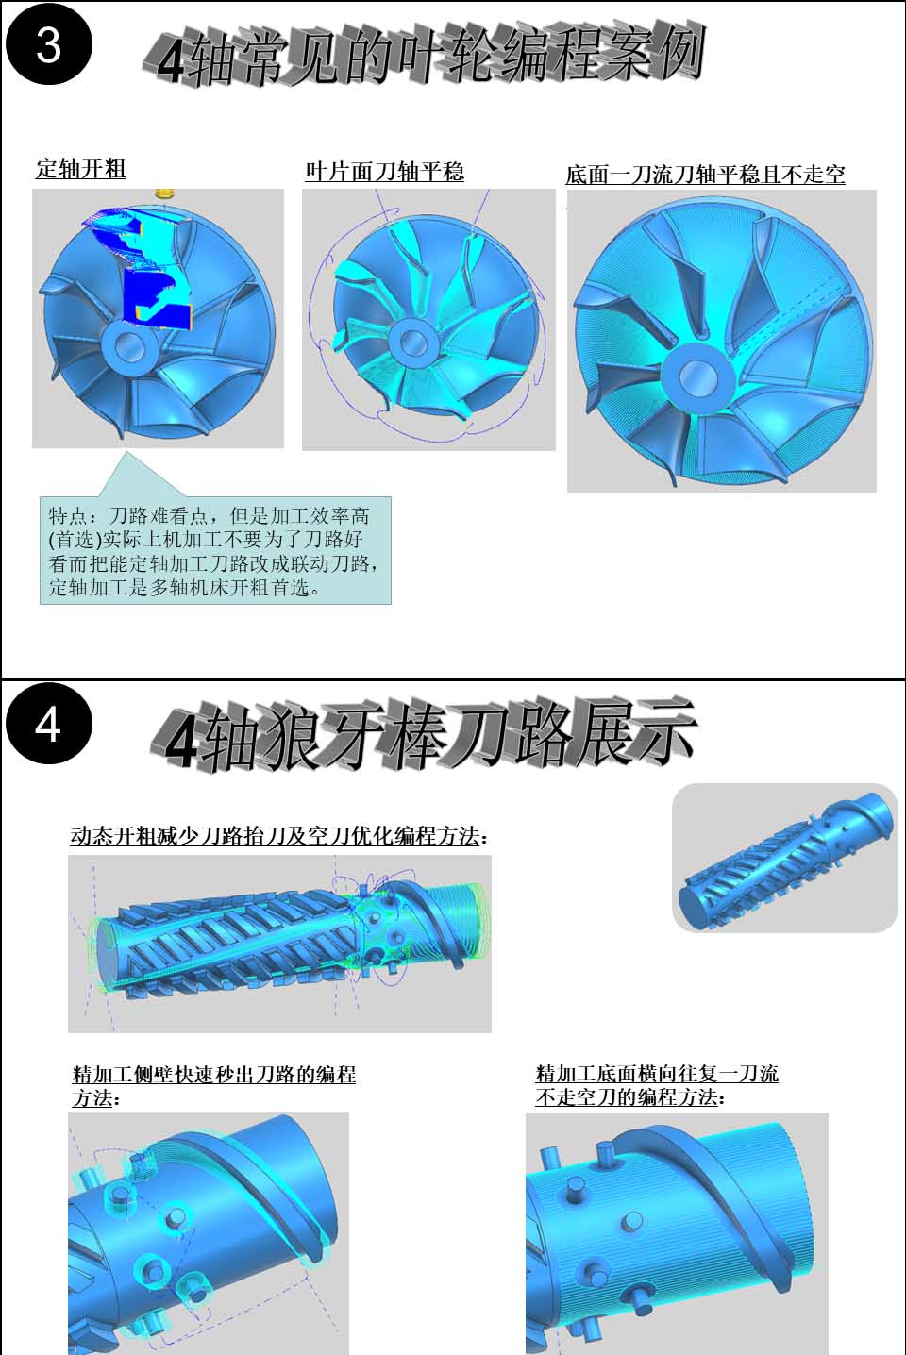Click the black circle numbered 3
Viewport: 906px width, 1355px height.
pos(48,44)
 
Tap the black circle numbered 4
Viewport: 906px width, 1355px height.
pos(48,724)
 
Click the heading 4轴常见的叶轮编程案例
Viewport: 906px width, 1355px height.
pos(424,56)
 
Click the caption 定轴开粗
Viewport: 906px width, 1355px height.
pos(81,169)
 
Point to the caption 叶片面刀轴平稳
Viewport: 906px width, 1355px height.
pos(385,172)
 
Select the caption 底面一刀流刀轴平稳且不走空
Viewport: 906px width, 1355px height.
pos(705,175)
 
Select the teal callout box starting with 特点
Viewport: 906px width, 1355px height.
pos(215,550)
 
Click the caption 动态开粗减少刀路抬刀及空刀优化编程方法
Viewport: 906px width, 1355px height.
pos(279,836)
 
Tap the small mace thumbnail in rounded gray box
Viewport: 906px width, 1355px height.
pos(785,858)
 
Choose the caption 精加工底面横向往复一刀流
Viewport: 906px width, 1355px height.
pos(657,1075)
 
